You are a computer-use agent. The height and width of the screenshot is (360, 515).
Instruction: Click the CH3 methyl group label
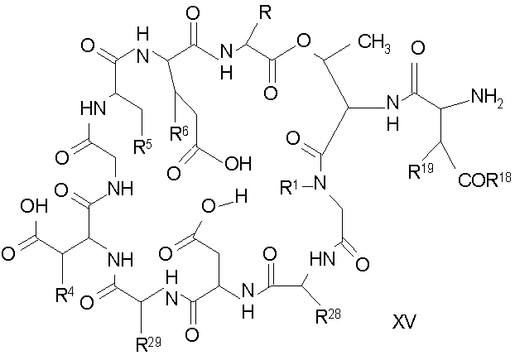(x=374, y=44)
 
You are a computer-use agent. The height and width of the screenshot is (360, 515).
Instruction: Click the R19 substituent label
(x=421, y=171)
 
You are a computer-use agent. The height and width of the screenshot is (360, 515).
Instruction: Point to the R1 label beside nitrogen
(x=289, y=187)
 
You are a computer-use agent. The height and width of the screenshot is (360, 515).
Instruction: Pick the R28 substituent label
(x=328, y=316)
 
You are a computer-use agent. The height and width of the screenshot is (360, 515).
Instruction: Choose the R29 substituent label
(x=148, y=345)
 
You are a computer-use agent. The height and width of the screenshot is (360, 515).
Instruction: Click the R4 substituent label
(x=65, y=295)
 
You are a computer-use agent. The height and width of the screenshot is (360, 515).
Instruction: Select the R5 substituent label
(x=143, y=146)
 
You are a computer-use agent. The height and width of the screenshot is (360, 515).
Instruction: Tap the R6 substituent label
(x=180, y=133)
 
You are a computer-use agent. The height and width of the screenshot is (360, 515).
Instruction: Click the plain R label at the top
(x=265, y=12)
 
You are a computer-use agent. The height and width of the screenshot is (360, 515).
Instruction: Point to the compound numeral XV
(x=404, y=321)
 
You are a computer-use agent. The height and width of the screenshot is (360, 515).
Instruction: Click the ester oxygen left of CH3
(x=303, y=41)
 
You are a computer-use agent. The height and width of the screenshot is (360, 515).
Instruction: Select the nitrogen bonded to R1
(x=320, y=182)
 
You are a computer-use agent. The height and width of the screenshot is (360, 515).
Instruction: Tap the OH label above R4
(x=34, y=206)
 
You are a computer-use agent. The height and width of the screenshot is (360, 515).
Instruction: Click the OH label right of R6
(x=238, y=163)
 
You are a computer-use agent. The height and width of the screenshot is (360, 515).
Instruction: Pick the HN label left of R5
(x=94, y=108)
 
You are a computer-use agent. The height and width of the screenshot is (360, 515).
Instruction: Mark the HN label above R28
(x=323, y=260)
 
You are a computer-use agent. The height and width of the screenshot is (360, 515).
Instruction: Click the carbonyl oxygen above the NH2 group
(x=418, y=48)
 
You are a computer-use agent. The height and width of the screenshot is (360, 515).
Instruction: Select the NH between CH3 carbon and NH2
(x=392, y=113)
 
